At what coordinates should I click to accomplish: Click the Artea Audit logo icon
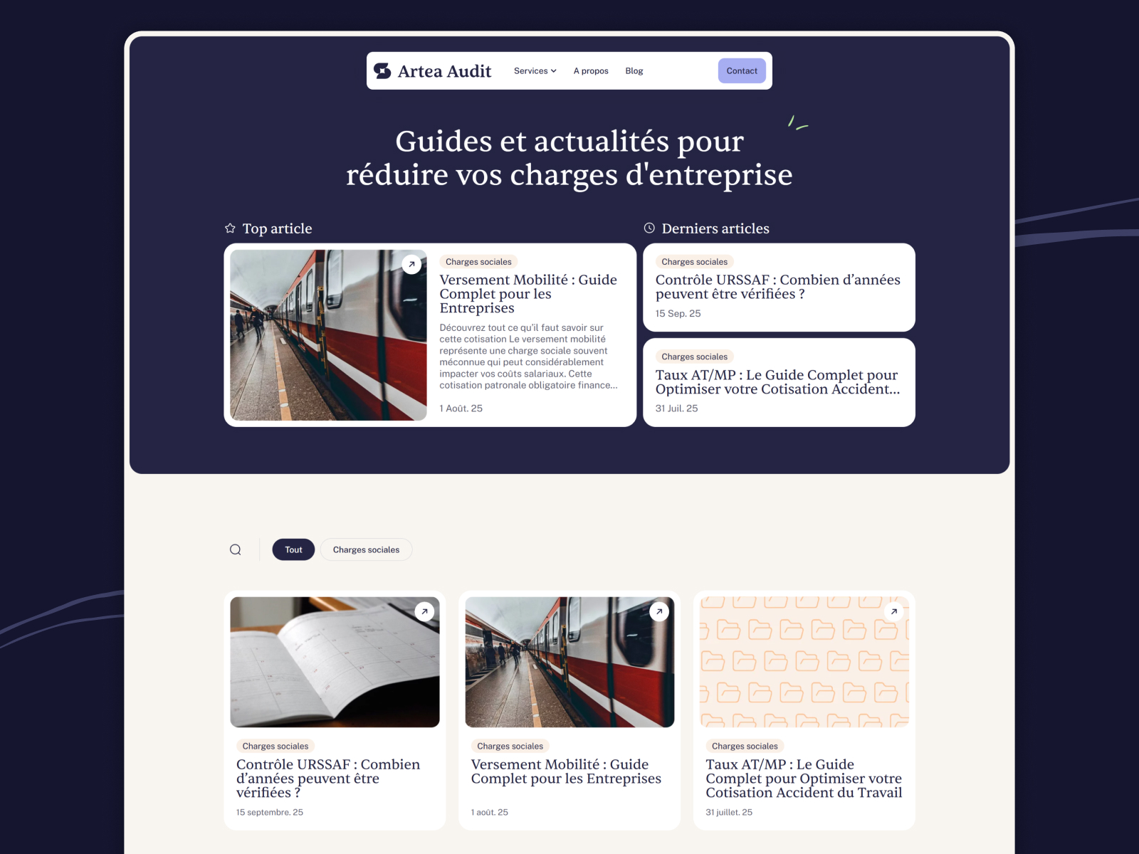tap(382, 71)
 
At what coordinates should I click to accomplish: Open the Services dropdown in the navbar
tap(535, 71)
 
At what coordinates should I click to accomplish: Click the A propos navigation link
tap(591, 71)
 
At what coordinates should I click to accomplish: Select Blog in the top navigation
tap(634, 71)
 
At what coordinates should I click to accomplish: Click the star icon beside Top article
tap(231, 228)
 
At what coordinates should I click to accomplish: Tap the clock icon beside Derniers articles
tap(649, 228)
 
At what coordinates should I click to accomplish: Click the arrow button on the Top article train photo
tap(411, 265)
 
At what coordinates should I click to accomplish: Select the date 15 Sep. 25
tap(678, 314)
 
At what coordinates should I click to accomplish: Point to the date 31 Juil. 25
tap(676, 408)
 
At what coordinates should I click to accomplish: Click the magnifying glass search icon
tap(236, 549)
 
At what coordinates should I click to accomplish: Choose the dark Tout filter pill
tap(293, 549)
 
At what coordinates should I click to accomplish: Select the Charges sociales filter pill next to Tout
tap(367, 549)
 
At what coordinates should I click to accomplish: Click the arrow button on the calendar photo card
tap(424, 612)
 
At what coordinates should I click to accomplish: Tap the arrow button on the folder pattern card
tap(893, 612)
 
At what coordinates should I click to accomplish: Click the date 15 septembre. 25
tap(269, 813)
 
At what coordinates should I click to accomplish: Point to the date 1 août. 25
tap(489, 813)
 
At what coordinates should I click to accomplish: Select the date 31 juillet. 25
tap(728, 813)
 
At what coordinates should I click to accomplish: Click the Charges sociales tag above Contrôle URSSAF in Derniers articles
tap(694, 262)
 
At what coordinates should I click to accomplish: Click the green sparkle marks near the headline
tap(797, 123)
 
